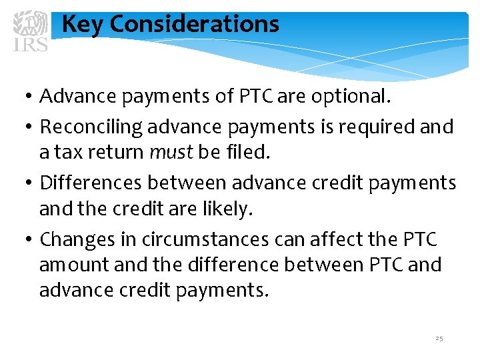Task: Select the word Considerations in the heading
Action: point(194,25)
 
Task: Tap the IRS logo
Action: point(31,31)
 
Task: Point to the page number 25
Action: point(439,339)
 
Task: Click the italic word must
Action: point(171,153)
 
